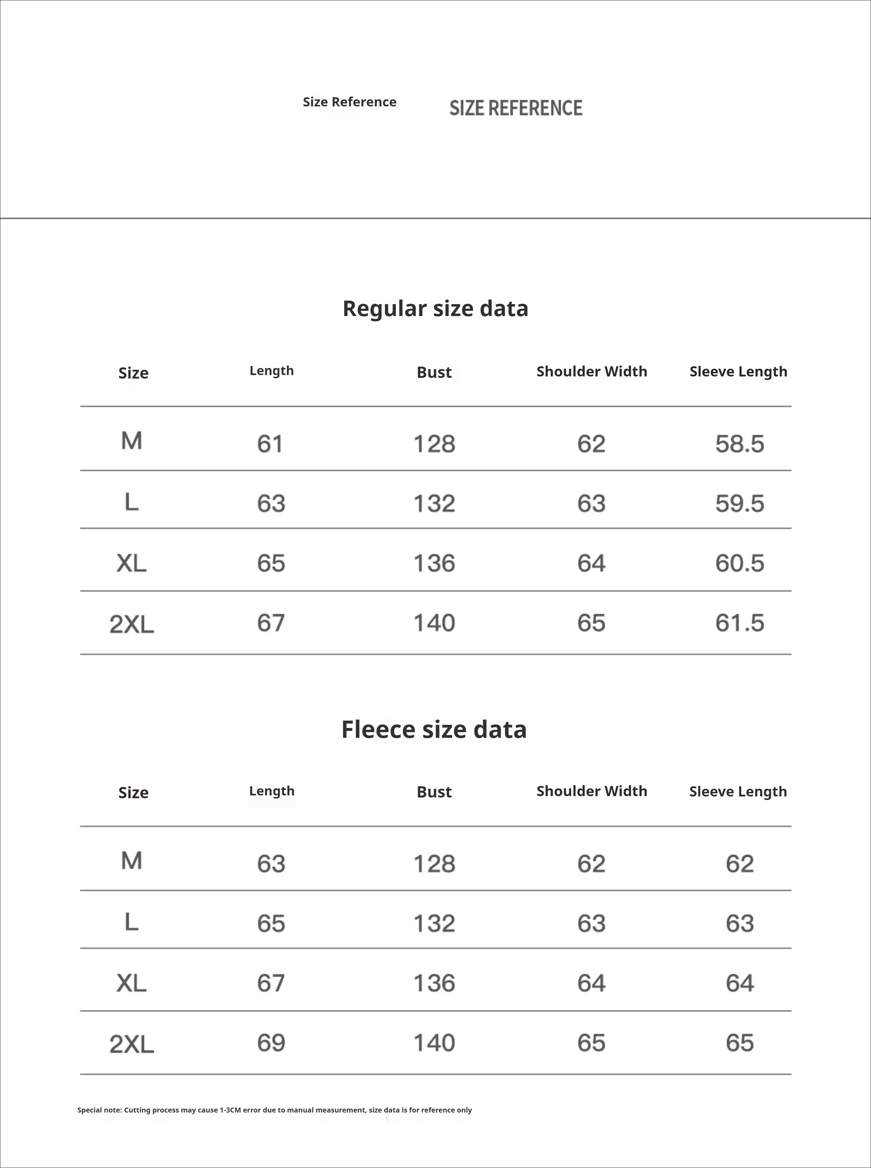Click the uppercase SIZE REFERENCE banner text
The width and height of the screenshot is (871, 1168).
pyautogui.click(x=516, y=108)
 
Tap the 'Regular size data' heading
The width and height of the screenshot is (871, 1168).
pyautogui.click(x=435, y=308)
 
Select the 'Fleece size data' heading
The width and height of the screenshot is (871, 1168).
pyautogui.click(x=434, y=729)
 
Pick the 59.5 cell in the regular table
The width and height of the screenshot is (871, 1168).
pyautogui.click(x=739, y=503)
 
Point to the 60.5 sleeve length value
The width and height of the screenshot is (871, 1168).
pyautogui.click(x=739, y=563)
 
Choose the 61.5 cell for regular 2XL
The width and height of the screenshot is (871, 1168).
pyautogui.click(x=739, y=623)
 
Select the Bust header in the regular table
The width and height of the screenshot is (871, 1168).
pyautogui.click(x=434, y=372)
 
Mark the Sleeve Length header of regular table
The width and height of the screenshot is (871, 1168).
pyautogui.click(x=738, y=372)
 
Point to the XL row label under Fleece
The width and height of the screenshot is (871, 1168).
pyautogui.click(x=131, y=983)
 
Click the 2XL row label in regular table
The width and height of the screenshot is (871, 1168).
pyautogui.click(x=132, y=624)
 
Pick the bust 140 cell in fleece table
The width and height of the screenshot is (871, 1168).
pyautogui.click(x=434, y=1043)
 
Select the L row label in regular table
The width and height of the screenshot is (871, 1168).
pyautogui.click(x=131, y=502)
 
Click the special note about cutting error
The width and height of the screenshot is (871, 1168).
pyautogui.click(x=274, y=1110)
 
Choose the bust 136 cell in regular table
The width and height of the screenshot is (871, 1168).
pyautogui.click(x=434, y=563)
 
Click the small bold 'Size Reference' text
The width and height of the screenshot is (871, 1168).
pyautogui.click(x=349, y=102)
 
